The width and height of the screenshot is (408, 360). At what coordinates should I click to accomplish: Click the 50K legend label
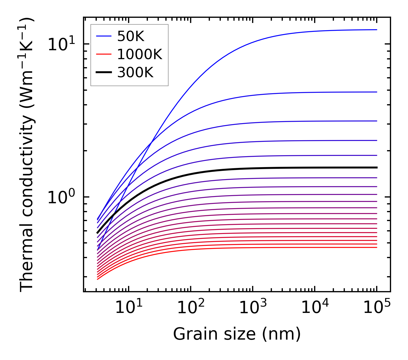[131, 36]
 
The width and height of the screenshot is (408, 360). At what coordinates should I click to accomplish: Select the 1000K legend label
[140, 54]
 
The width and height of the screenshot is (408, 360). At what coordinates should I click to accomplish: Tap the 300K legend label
[135, 73]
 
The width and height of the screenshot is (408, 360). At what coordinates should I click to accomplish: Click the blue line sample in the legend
[103, 36]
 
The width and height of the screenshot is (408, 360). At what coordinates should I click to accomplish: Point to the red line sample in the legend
[103, 54]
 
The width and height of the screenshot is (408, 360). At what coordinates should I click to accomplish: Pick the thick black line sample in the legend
[103, 72]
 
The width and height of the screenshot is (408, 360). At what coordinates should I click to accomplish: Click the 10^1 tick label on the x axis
[129, 308]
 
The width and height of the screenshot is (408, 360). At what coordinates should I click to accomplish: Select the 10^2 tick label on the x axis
[191, 308]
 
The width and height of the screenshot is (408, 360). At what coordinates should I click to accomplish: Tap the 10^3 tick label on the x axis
[253, 308]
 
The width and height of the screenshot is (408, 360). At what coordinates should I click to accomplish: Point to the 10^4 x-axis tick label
[315, 308]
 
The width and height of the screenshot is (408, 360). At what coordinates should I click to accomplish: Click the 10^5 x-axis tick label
[377, 308]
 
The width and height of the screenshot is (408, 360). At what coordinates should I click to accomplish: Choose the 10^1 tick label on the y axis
[61, 44]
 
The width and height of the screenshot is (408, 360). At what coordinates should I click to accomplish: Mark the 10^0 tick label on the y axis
[61, 198]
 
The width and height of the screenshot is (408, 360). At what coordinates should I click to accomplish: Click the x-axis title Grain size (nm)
[237, 334]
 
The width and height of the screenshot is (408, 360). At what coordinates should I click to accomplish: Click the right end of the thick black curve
[376, 167]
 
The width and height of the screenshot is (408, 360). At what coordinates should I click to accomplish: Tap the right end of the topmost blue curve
[376, 30]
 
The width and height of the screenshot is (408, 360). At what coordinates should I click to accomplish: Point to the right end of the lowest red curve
[376, 247]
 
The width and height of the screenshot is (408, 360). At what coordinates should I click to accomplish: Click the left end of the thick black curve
[98, 233]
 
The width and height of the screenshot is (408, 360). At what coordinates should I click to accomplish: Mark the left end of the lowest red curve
[98, 279]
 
